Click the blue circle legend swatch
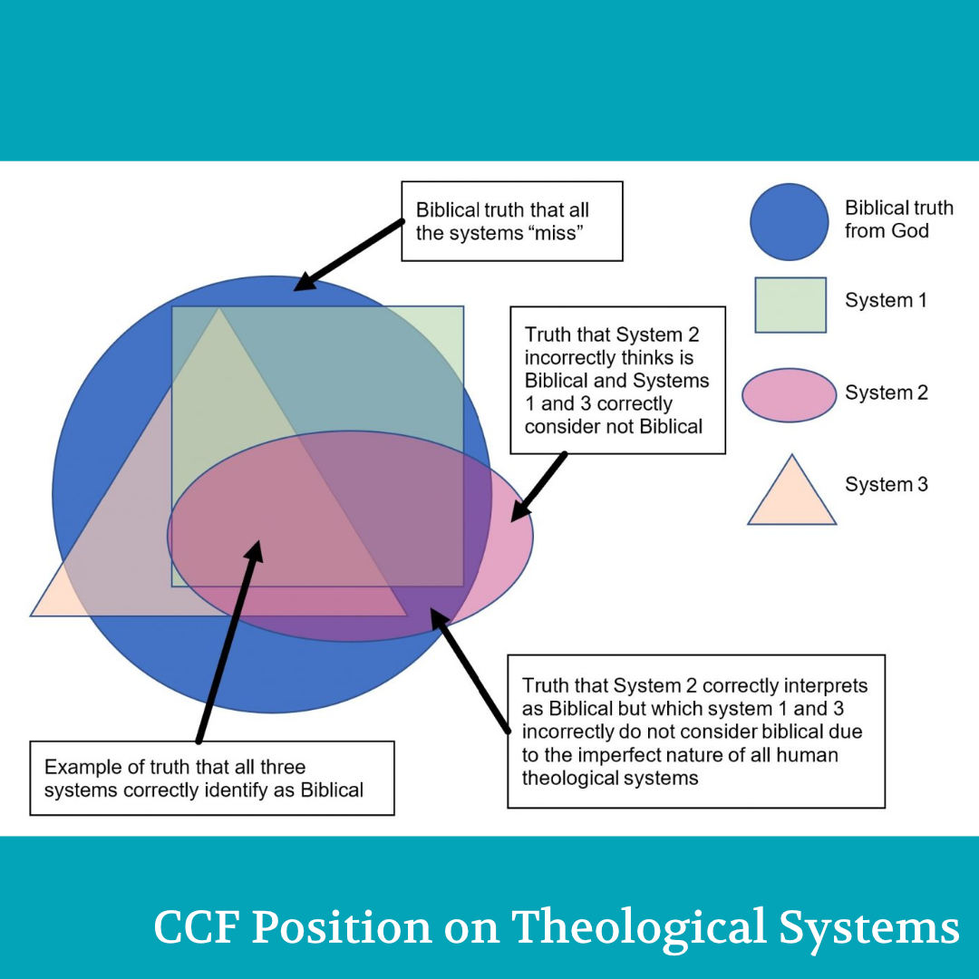point(789,222)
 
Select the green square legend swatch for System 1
point(790,305)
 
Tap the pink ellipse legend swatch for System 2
point(789,395)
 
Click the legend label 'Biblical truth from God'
point(898,219)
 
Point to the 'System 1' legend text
point(886,300)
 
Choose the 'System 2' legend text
point(886,393)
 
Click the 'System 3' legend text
point(886,485)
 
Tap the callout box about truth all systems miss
point(511,221)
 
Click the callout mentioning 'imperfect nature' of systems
point(695,731)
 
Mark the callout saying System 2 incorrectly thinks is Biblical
point(617,380)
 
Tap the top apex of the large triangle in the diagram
point(218,309)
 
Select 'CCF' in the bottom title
point(198,928)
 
